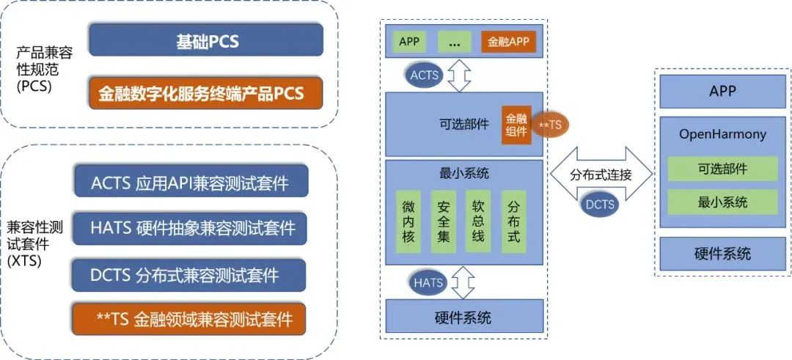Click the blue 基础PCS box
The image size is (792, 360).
[206, 40]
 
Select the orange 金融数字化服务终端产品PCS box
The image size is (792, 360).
[206, 94]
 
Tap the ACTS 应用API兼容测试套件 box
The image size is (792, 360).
[191, 183]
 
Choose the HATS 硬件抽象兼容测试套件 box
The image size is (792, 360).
[191, 228]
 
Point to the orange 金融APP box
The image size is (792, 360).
[509, 42]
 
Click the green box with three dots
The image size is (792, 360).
[455, 42]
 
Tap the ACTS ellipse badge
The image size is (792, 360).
[425, 75]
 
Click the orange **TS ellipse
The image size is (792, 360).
[550, 125]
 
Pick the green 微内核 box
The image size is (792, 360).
[408, 222]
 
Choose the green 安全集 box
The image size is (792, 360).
[444, 222]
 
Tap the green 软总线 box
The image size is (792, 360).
[478, 222]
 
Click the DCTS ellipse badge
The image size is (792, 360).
[600, 204]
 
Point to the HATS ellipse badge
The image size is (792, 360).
[428, 282]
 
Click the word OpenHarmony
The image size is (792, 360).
[722, 135]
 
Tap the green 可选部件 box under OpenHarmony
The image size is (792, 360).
[722, 168]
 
